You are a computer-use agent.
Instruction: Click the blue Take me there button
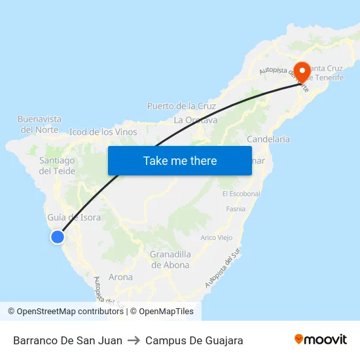point(180,160)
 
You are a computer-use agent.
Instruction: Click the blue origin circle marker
point(58,237)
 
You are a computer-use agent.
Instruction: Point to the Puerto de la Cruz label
point(181,106)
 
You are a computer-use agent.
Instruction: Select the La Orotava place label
point(196,120)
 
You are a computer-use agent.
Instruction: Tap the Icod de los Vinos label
point(103,132)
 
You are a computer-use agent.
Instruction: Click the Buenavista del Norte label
point(39,124)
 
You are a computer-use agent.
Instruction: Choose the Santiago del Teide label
point(57,166)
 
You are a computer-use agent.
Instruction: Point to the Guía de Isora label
point(74,217)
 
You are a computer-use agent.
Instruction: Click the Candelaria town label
point(268,139)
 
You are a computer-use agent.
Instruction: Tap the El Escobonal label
point(241,194)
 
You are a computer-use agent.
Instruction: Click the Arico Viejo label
point(217,237)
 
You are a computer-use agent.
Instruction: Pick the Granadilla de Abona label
point(170,259)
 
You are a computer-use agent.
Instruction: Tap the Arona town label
point(120,277)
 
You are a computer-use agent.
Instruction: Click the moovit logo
point(321,340)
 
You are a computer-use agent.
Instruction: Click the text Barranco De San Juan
point(67,340)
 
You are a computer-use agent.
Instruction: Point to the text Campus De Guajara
point(194,340)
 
